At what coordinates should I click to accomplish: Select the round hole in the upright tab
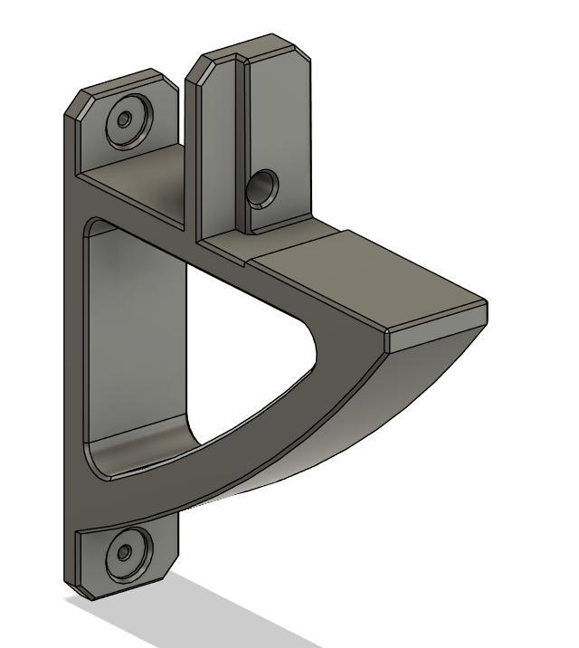click(x=262, y=188)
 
